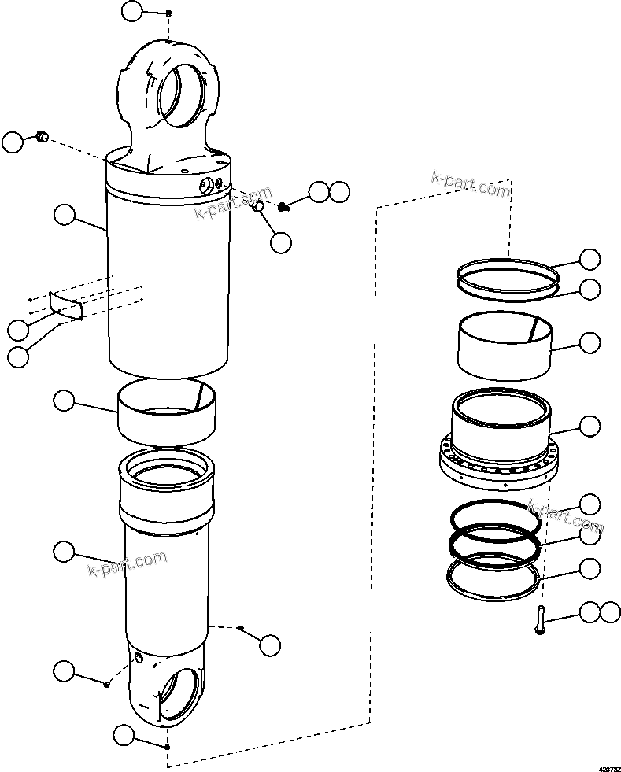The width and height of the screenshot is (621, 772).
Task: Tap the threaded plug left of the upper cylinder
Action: coord(41,139)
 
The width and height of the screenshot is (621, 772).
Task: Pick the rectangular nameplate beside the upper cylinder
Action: coord(67,305)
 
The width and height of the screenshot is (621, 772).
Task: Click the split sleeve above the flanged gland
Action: coord(503,340)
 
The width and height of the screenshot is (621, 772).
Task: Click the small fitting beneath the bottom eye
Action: coord(167,745)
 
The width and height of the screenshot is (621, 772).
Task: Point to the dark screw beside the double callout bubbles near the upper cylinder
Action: coord(285,206)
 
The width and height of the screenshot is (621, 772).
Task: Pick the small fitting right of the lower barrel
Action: coord(241,627)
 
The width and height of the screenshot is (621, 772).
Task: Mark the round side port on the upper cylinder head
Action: coord(208,185)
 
